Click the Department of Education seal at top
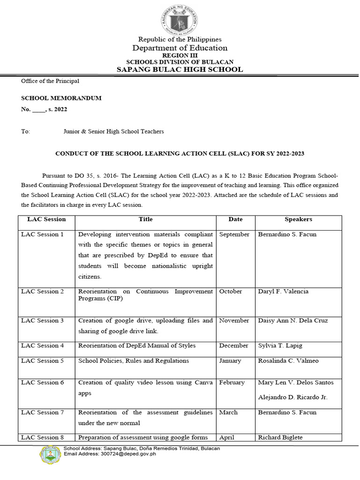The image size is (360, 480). [180, 18]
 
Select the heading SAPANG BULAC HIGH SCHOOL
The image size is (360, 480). [180, 69]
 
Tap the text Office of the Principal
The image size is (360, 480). [50, 81]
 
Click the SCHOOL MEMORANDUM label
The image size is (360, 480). [61, 98]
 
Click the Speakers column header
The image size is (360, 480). [298, 219]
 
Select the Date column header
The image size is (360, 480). [235, 219]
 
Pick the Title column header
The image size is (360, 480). [145, 219]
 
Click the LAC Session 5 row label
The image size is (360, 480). [43, 361]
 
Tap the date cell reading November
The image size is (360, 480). [234, 321]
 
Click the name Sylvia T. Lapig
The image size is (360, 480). [280, 345]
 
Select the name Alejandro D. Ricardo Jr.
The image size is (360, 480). [292, 397]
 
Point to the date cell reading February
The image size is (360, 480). [232, 382]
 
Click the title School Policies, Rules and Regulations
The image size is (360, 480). [134, 361]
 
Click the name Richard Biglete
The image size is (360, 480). [280, 437]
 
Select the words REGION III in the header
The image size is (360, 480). [180, 55]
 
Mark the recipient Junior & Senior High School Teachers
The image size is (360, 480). [114, 132]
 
